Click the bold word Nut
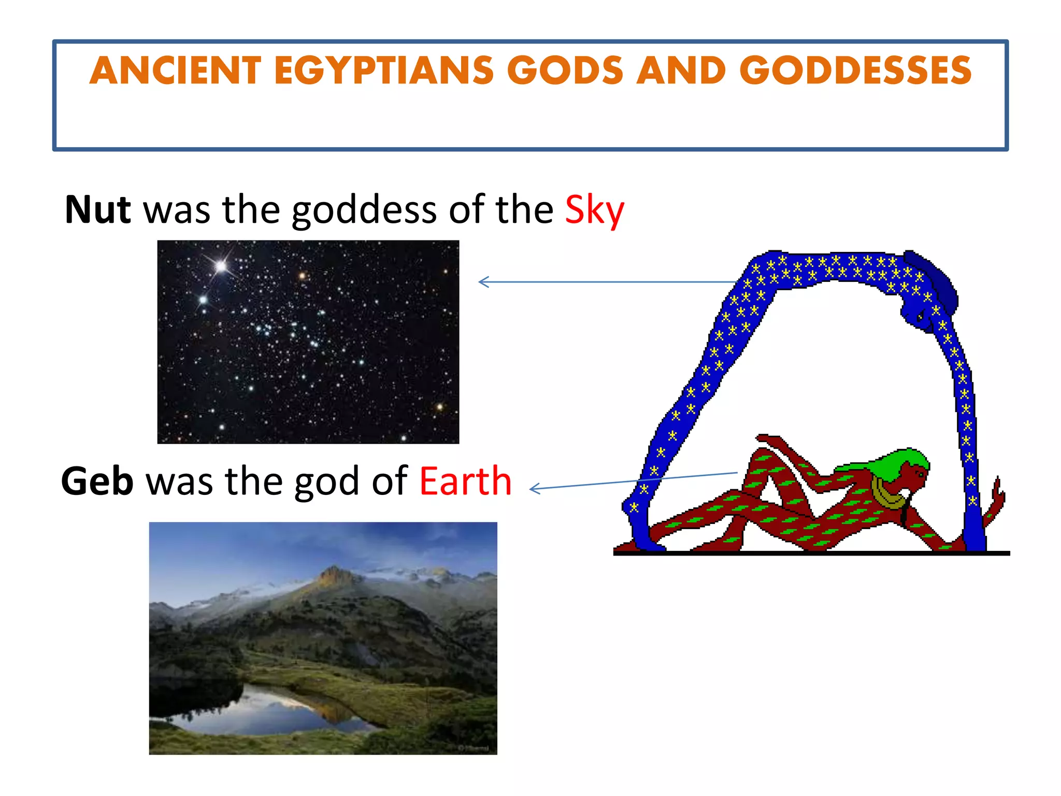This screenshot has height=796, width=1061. pos(97,210)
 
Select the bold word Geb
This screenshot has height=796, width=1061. pos(97,481)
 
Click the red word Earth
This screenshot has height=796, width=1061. pos(465,481)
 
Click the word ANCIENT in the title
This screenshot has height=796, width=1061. pos(175,70)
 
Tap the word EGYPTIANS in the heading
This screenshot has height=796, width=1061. pos(384,70)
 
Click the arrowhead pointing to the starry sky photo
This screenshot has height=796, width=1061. pos(483,282)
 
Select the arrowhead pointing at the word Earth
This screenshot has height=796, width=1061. pos(535,488)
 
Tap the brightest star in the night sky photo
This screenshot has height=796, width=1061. pos(221,266)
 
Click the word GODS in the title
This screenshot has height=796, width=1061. pos(565,70)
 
